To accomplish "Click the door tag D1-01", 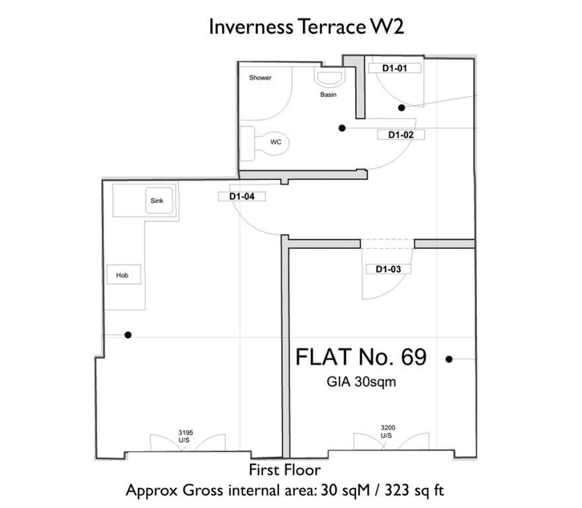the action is pos(395,68).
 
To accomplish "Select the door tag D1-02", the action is pos(401,135).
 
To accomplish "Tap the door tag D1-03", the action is pos(388,269).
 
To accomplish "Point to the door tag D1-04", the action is pos(241,196).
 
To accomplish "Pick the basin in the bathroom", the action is pos(329,78).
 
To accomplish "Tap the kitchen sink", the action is pos(159,200).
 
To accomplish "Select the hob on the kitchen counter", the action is pos(124,275).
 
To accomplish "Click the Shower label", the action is pos(260,77).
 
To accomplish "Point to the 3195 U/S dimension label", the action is pos(185,437).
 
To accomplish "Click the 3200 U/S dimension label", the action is pos(388,431).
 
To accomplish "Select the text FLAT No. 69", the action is pos(361,357).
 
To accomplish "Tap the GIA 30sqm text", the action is pos(361,382).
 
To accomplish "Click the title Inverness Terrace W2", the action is pos(306,26).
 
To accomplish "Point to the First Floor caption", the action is pos(284,470).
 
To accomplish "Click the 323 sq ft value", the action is pos(414,491).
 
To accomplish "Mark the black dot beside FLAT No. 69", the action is pos(449,359).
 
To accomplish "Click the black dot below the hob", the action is pos(128,335).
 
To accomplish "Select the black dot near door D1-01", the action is pos(401,108).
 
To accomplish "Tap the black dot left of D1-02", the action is pos(342,128).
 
